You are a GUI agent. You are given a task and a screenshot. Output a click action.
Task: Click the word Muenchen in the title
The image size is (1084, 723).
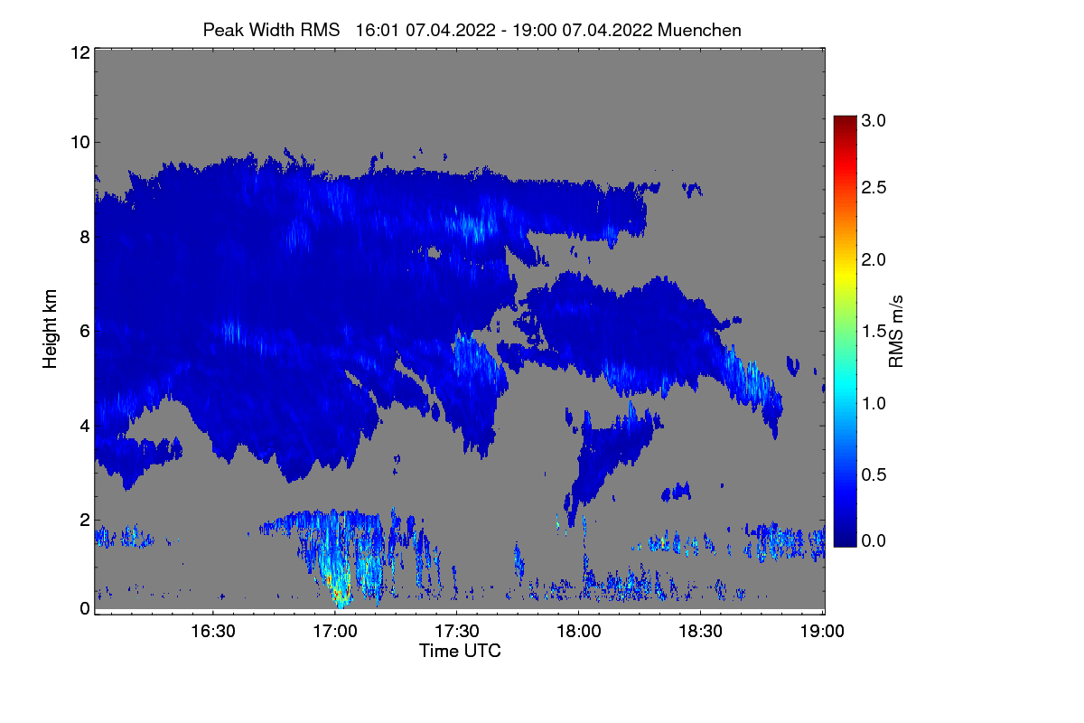[699, 30]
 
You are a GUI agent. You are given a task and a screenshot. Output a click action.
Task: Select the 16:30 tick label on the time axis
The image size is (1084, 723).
[213, 631]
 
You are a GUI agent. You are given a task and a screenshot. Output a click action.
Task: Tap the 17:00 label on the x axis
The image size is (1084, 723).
[335, 631]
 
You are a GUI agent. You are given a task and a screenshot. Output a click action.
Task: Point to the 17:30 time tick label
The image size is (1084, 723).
[457, 631]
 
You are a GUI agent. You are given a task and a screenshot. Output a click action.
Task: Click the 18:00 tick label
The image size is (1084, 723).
[579, 631]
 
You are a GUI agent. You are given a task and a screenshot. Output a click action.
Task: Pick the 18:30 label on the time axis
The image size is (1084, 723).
[701, 631]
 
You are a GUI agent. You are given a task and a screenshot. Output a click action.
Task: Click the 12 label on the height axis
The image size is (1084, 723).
[79, 52]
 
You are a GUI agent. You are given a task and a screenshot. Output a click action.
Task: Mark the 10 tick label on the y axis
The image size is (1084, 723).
[79, 142]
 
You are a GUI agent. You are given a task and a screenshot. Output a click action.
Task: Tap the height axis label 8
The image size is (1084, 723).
[84, 237]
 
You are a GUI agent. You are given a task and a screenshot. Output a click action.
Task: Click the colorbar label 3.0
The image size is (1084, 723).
[874, 120]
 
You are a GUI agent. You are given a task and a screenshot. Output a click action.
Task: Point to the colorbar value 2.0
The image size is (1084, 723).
[874, 260]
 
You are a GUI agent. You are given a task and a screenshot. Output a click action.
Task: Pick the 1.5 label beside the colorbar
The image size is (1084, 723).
[874, 331]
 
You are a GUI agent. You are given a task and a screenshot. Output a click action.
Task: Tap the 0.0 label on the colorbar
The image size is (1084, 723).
[874, 540]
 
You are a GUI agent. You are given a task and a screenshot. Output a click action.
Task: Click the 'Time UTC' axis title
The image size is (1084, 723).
[459, 651]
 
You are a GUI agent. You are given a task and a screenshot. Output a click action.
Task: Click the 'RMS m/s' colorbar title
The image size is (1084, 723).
[897, 330]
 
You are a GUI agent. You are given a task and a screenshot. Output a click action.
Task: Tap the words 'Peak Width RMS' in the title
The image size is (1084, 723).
[271, 30]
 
